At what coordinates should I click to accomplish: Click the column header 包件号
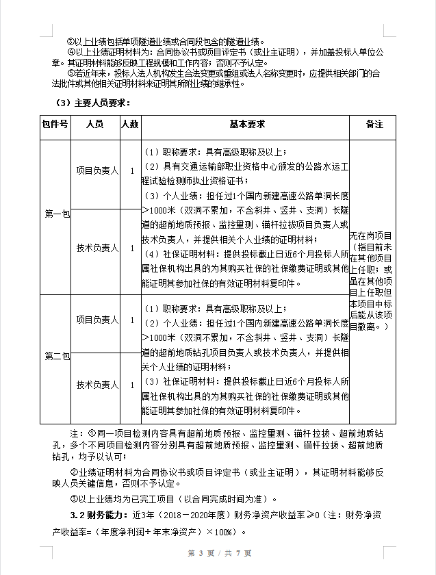pyautogui.click(x=55, y=125)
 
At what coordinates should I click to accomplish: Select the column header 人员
pyautogui.click(x=95, y=125)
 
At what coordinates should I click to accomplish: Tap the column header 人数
pyautogui.click(x=130, y=125)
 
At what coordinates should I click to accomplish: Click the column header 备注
pyautogui.click(x=374, y=125)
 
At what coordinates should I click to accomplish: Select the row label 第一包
pyautogui.click(x=57, y=214)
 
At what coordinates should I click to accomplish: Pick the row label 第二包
pyautogui.click(x=57, y=356)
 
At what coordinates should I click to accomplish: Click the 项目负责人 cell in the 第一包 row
pyautogui.click(x=97, y=170)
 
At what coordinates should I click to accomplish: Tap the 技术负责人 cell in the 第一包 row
pyautogui.click(x=97, y=248)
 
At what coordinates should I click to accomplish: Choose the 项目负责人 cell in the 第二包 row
pyautogui.click(x=97, y=320)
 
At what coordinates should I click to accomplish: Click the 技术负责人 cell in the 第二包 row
pyautogui.click(x=97, y=385)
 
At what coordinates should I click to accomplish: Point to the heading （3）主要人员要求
pyautogui.click(x=93, y=103)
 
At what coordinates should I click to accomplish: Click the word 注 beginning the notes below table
pyautogui.click(x=75, y=434)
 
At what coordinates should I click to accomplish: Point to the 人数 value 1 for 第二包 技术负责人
pyautogui.click(x=132, y=385)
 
